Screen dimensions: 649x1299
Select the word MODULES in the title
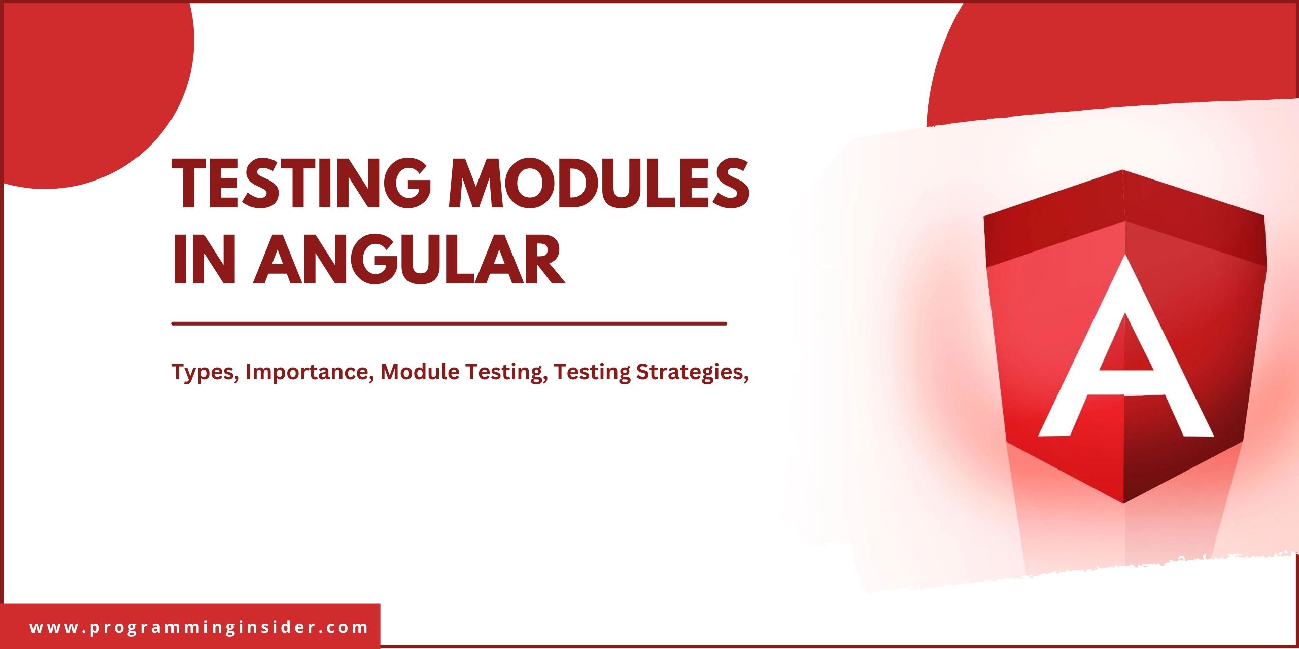[599, 184]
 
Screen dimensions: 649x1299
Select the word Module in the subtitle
[419, 372]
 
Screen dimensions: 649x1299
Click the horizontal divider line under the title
[449, 323]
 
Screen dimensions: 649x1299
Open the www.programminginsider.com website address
[199, 627]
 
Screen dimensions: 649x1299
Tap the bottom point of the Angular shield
[1123, 502]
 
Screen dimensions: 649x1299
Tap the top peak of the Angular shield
[1122, 171]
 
